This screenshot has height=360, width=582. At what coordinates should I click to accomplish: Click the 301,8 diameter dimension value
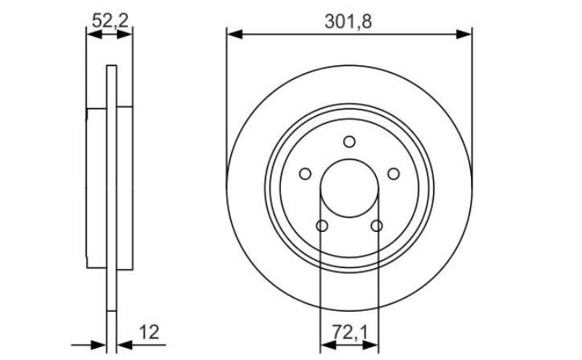[x=348, y=22]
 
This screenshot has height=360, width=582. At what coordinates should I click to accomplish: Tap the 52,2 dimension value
[x=110, y=20]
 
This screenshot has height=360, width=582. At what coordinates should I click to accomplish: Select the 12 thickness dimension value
[x=149, y=332]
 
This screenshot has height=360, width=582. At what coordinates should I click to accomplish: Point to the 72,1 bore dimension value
[x=349, y=332]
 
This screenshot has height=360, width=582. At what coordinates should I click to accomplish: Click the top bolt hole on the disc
[x=349, y=142]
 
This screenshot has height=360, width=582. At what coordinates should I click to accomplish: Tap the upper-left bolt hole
[x=305, y=173]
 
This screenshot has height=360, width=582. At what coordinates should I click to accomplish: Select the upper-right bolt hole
[x=394, y=173]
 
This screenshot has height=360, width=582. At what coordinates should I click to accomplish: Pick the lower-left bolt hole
[x=322, y=226]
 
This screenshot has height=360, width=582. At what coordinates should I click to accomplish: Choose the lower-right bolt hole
[x=377, y=226]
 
